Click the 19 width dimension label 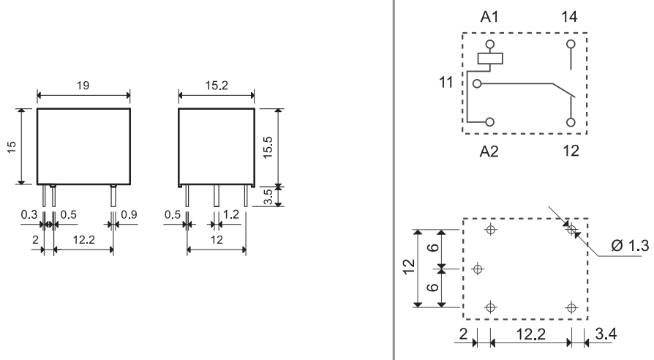pos(83,86)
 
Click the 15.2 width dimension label pos(217,86)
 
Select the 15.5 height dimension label pos(268,147)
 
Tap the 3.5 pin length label pos(268,197)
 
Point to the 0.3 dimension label pos(29,214)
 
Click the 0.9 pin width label pos(129,214)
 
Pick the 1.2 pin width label pos(231,214)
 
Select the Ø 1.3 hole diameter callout pos(630,245)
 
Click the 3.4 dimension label pos(606,334)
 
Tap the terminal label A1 pos(489,17)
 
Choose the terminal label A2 pos(489,151)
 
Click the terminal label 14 pos(569,17)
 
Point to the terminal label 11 pos(446,82)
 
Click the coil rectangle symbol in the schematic pos(490,59)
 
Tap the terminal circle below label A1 pos(490,44)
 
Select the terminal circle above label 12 pos(571,122)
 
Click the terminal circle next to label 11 pos(477,84)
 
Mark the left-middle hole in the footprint pos(478,269)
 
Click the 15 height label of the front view pos(12,147)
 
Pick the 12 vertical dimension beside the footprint pos(409,266)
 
